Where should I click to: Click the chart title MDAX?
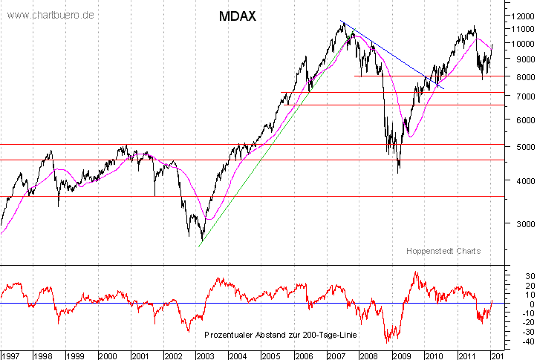238,16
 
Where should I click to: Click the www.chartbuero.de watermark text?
51,15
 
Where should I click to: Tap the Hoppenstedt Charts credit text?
443,251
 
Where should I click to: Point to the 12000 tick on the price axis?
520,15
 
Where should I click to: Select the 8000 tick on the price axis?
518,76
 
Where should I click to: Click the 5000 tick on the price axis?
518,147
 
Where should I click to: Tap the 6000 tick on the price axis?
518,120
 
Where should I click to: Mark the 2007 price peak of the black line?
342,23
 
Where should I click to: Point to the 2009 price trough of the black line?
399,172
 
